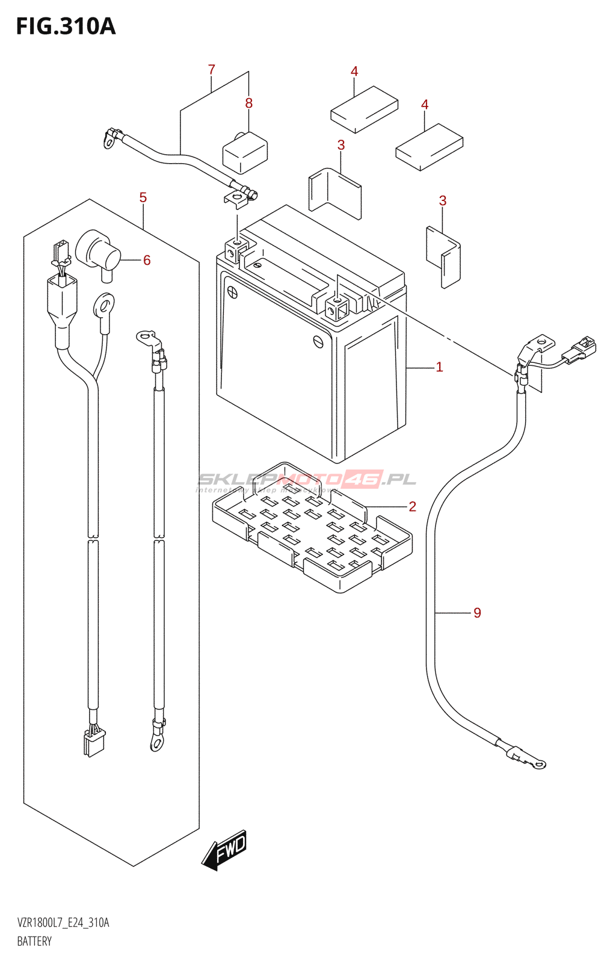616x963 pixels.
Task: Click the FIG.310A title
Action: (66, 26)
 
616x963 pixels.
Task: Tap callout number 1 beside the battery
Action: (439, 367)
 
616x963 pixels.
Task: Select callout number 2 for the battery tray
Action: (412, 506)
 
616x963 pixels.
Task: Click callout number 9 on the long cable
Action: (477, 613)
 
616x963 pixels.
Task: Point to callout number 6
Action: (147, 260)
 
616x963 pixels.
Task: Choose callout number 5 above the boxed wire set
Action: (143, 197)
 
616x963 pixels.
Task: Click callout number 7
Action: (211, 70)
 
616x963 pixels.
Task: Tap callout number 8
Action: (249, 104)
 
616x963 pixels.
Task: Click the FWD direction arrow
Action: (225, 850)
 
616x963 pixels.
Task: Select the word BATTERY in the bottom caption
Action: (34, 941)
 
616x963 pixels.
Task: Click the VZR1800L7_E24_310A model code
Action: (63, 923)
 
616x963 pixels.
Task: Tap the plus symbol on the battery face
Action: (232, 293)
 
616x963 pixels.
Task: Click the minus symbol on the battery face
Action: (319, 341)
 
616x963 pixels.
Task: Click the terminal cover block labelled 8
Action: (245, 153)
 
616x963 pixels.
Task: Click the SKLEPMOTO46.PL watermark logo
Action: (307, 480)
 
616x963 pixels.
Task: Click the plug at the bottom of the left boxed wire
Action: (94, 742)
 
